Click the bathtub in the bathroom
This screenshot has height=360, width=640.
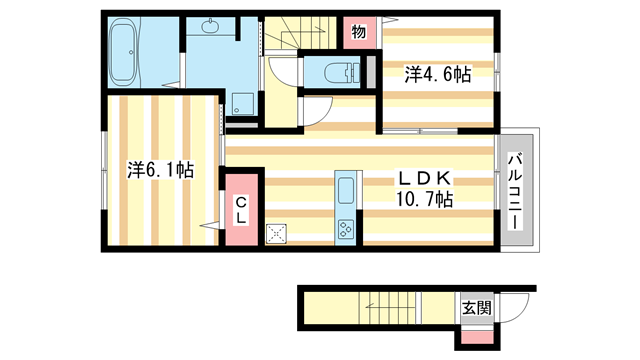click(128, 52)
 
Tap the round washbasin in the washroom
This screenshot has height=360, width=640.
click(214, 27)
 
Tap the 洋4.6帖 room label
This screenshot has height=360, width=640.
click(437, 73)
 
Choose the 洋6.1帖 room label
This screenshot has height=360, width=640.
click(160, 170)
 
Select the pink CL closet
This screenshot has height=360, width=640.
click(242, 211)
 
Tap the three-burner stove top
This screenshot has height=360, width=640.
click(347, 229)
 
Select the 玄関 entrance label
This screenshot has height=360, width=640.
click(475, 309)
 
